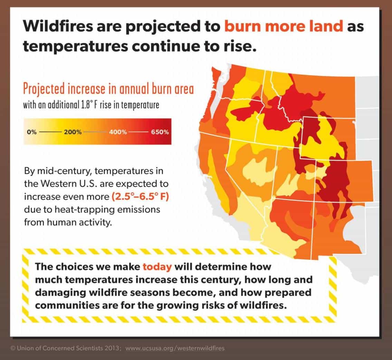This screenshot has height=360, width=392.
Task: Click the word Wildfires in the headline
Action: (58, 26)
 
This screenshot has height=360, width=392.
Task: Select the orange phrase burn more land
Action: (284, 26)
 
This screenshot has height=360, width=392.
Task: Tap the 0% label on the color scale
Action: (32, 132)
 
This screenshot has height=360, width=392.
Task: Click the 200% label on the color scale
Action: (73, 132)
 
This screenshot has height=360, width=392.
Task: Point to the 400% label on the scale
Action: (118, 132)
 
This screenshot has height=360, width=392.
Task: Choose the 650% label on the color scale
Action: (160, 132)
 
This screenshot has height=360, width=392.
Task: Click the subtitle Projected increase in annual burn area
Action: (108, 89)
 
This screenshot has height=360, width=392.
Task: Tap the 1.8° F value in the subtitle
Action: (88, 104)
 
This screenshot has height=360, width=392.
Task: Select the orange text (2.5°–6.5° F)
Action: (140, 197)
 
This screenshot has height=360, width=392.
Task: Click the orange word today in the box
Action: (157, 267)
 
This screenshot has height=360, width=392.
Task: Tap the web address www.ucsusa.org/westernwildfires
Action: (175, 348)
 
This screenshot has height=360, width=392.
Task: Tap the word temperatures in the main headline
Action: (75, 47)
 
